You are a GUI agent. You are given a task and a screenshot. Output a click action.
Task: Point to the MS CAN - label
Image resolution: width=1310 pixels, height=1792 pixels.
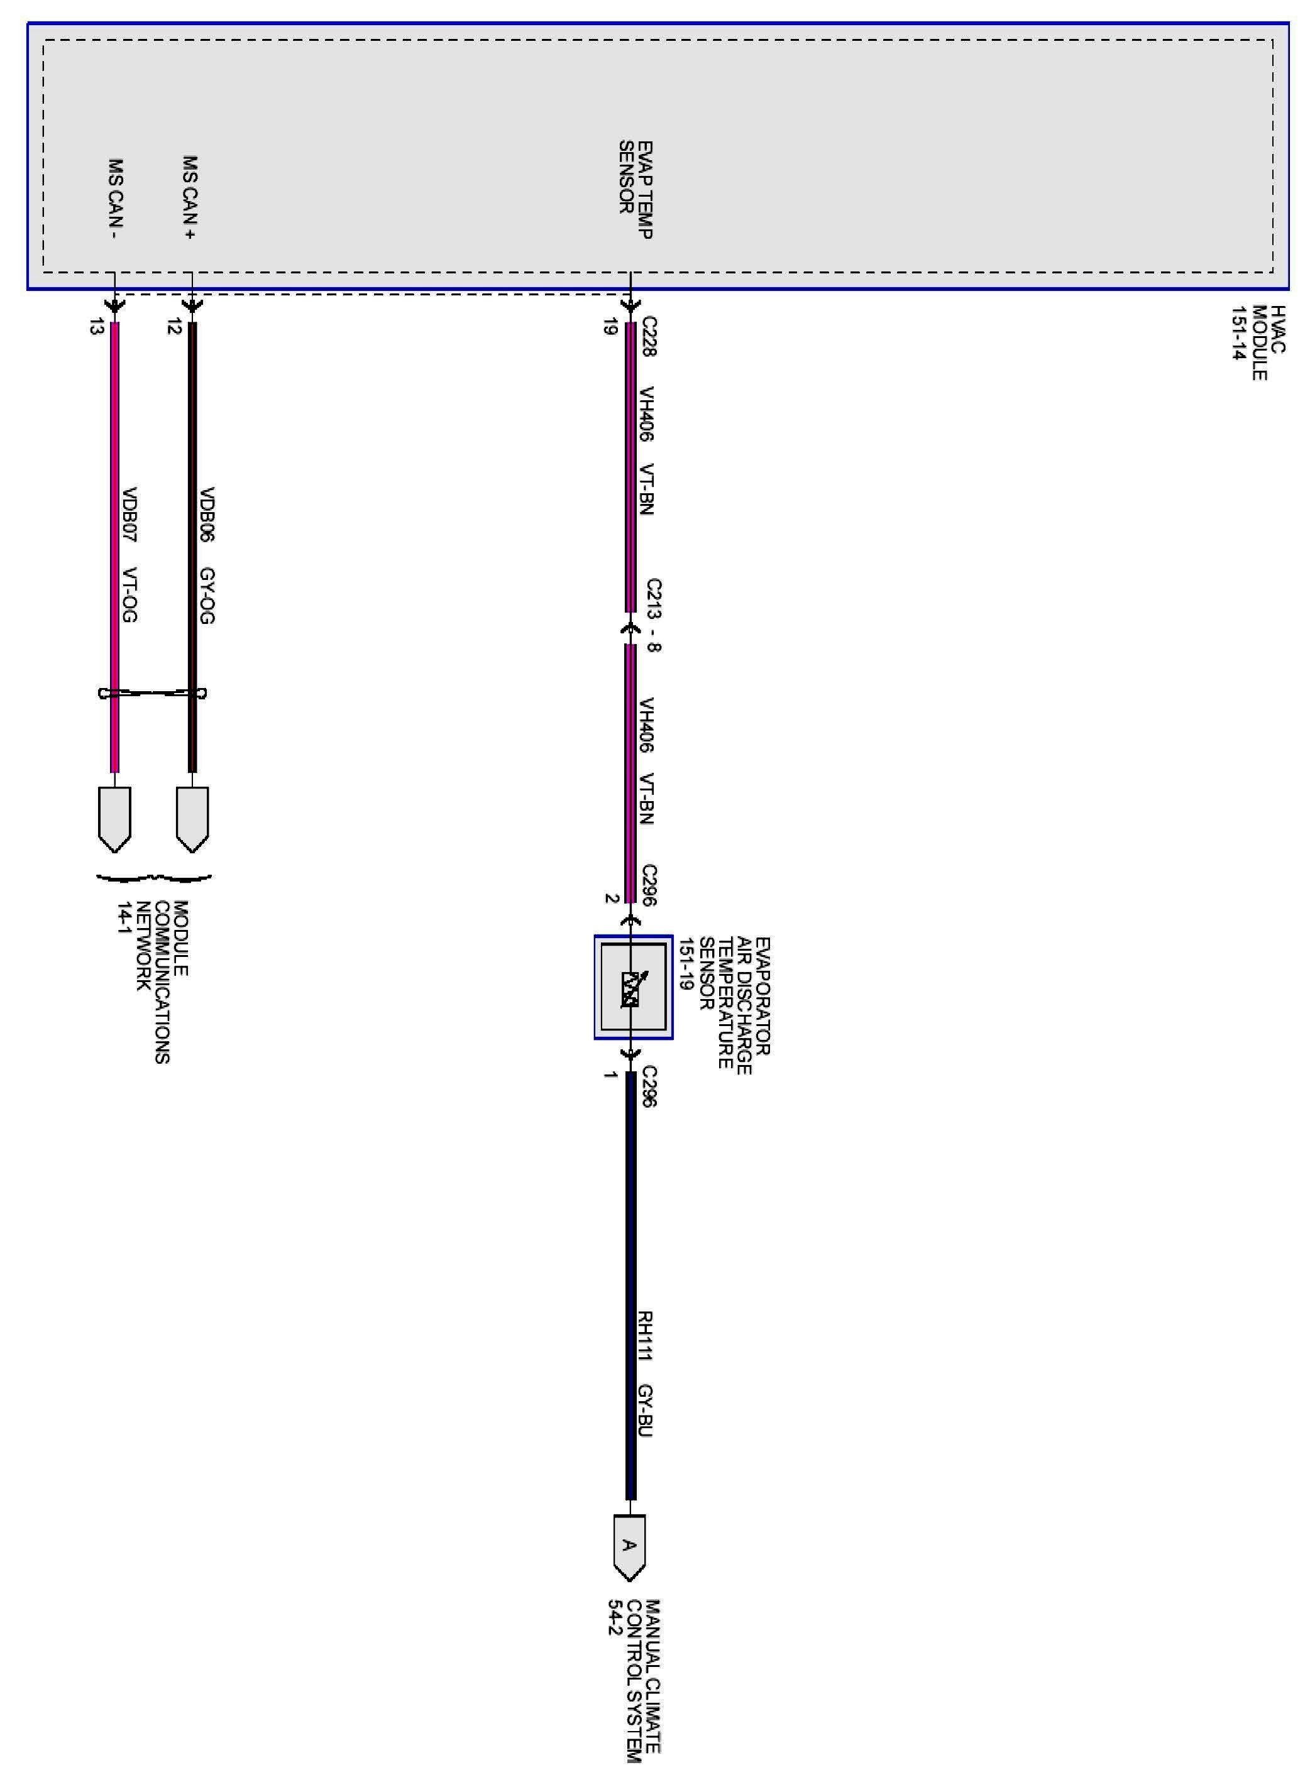pyautogui.click(x=116, y=199)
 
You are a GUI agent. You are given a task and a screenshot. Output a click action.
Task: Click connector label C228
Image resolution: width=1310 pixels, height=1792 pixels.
pyautogui.click(x=649, y=337)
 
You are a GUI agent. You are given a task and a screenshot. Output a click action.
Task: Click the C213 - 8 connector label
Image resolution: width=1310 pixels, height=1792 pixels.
pyautogui.click(x=653, y=615)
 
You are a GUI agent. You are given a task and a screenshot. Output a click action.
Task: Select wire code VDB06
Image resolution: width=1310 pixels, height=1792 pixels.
pyautogui.click(x=208, y=515)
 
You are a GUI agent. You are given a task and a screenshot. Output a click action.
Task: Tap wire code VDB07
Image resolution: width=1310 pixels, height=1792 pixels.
pyautogui.click(x=130, y=515)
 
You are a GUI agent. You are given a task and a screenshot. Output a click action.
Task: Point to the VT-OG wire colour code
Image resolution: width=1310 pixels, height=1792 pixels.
pyautogui.click(x=130, y=596)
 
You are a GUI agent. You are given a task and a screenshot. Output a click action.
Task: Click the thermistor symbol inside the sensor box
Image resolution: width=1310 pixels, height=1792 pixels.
pyautogui.click(x=630, y=988)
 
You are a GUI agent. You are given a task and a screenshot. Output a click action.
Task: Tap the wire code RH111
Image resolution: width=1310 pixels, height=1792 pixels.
pyautogui.click(x=646, y=1336)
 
